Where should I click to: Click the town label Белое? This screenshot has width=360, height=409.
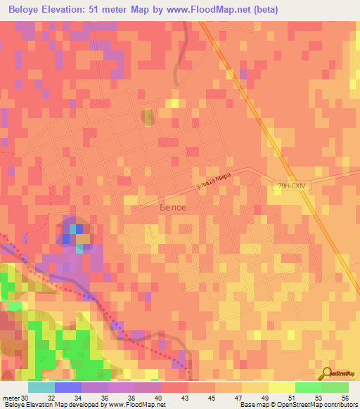click(173, 208)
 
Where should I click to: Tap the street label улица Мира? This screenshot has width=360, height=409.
click(214, 181)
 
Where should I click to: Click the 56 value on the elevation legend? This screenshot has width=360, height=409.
click(345, 399)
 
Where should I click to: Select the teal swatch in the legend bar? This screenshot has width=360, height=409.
click(41, 387)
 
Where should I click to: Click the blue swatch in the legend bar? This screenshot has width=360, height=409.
click(68, 387)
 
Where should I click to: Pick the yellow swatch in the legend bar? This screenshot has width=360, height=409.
click(281, 387)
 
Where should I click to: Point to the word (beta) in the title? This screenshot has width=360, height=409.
click(266, 10)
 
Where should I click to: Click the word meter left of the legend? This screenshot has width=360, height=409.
click(11, 399)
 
